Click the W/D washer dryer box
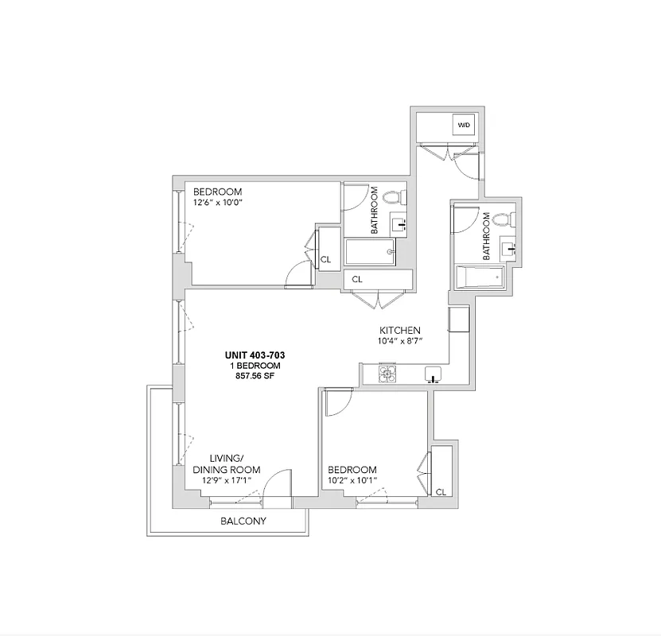tap(464, 126)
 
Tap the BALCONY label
tap(243, 522)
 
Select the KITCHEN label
tap(399, 331)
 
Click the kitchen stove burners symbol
tap(387, 373)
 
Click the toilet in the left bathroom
tap(392, 197)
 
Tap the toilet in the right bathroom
tap(501, 221)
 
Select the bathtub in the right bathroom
tap(479, 277)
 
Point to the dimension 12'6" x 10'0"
tap(217, 203)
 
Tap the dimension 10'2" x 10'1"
tap(352, 480)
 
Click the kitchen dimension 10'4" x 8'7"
tap(399, 341)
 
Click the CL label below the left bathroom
tap(357, 280)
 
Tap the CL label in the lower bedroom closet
tap(440, 493)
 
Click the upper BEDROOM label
tap(217, 192)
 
